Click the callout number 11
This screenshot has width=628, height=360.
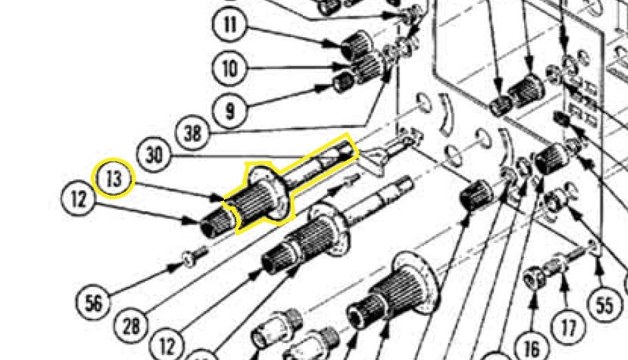229,26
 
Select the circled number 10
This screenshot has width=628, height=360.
229,68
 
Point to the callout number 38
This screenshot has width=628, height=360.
193,132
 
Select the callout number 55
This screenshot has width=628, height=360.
604,305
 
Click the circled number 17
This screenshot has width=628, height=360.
567,327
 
